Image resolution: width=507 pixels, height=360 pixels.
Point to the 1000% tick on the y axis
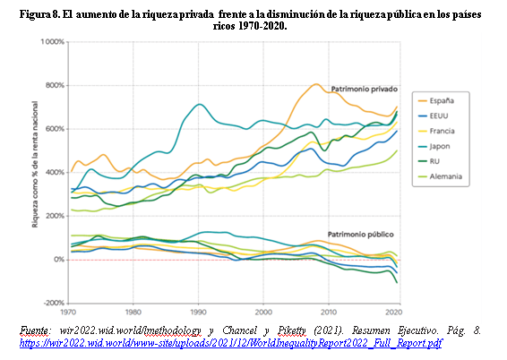click(52, 42)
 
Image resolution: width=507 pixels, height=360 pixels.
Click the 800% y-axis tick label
click(55, 86)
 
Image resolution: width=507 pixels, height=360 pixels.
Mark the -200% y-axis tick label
click(54, 303)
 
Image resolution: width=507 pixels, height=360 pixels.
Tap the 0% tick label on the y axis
click(59, 260)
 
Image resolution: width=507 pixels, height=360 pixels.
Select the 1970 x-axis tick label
click(68, 313)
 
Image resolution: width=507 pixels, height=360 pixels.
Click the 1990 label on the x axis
click(198, 313)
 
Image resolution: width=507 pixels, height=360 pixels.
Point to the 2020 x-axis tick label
click(394, 313)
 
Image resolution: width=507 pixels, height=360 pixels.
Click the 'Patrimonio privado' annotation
click(364, 90)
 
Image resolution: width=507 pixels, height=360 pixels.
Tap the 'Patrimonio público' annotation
click(360, 235)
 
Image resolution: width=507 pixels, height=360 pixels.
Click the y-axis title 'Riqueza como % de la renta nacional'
click(35, 164)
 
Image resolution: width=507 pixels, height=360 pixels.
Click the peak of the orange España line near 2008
click(316, 84)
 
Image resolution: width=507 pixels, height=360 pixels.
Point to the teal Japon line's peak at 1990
click(199, 104)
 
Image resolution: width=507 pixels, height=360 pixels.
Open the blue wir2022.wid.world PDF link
click(230, 343)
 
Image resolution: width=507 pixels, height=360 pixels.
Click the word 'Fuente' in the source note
click(34, 331)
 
